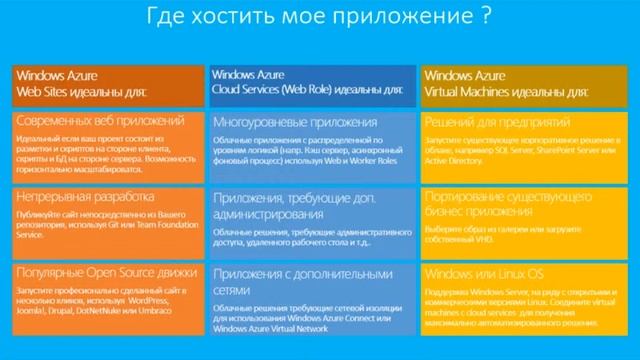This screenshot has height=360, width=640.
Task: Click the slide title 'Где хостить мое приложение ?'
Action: pos(319,17)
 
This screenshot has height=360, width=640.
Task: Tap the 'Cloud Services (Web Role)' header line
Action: pos(307,89)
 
